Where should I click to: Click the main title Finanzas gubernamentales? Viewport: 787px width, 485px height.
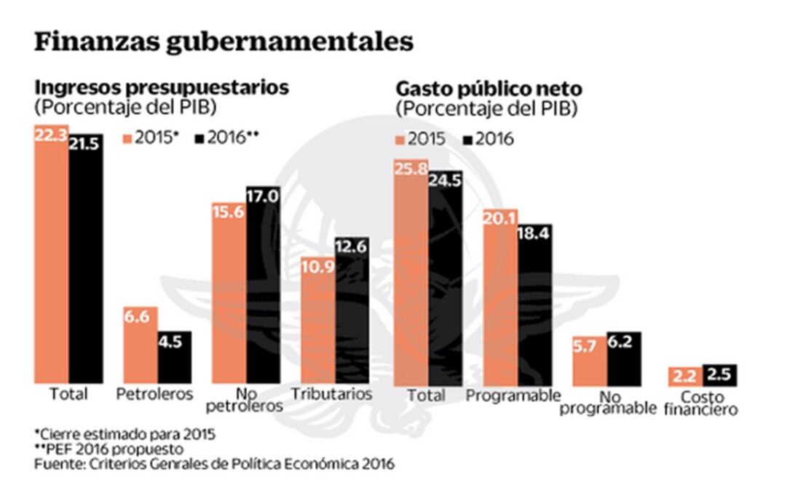click(x=224, y=41)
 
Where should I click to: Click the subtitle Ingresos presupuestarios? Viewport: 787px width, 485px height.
click(x=162, y=87)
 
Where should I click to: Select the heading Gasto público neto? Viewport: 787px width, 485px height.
click(x=489, y=89)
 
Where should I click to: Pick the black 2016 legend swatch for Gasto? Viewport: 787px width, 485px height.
click(x=466, y=139)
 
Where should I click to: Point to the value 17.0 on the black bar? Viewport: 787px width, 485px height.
click(x=263, y=196)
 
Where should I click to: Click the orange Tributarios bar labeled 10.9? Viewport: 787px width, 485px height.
click(x=317, y=320)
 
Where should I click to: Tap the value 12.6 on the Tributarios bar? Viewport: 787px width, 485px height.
click(x=352, y=248)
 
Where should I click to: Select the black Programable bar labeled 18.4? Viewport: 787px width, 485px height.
click(x=535, y=306)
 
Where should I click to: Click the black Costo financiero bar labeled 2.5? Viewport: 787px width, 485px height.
click(x=720, y=375)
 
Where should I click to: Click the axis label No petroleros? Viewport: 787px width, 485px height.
click(x=245, y=400)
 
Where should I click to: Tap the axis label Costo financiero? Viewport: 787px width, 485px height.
click(x=701, y=403)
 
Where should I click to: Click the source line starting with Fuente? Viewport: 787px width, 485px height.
click(x=214, y=463)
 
